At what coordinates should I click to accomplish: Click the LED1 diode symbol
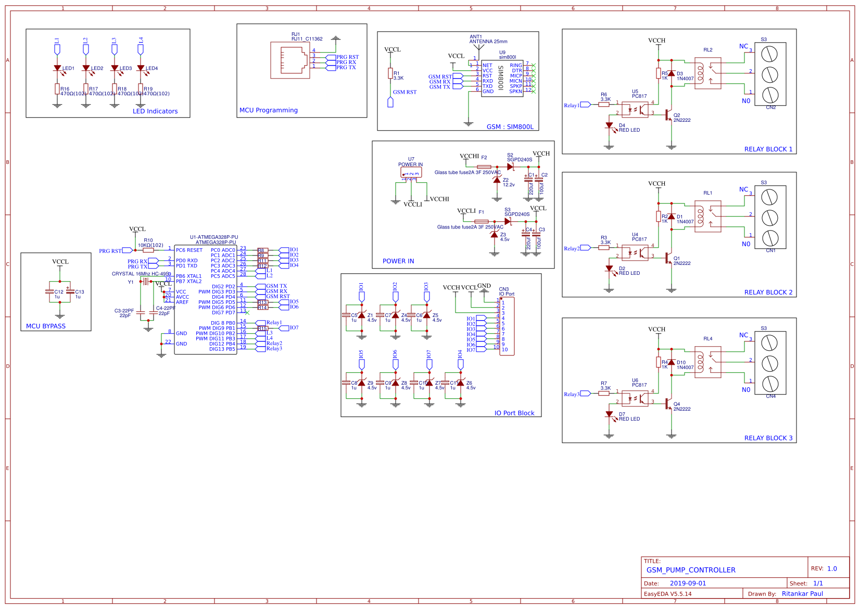pos(57,68)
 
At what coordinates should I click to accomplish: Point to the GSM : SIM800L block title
pos(510,126)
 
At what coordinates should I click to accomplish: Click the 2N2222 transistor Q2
pos(668,115)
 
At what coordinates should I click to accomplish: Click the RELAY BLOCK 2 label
pos(768,292)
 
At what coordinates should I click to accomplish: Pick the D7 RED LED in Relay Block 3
pos(609,415)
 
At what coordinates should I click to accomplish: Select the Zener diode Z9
pos(362,383)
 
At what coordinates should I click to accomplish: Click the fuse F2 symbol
pos(484,167)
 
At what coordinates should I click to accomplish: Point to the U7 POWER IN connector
pos(411,173)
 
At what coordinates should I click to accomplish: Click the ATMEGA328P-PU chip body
pos(205,300)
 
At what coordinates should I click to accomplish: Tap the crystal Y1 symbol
pos(146,282)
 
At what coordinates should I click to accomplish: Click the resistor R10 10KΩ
pos(148,250)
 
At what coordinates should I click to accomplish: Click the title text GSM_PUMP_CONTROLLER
pos(691,570)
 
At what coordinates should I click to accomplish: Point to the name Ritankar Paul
pos(802,593)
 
